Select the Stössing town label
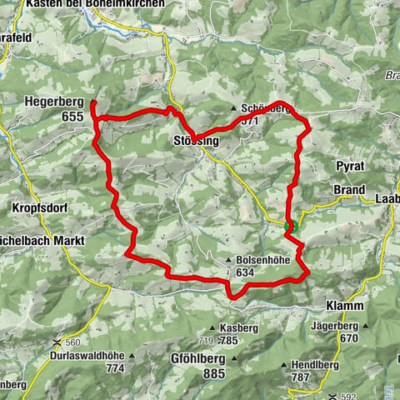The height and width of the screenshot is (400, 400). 198,142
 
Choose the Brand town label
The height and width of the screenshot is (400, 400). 349,190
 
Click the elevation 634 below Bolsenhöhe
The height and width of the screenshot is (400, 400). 245,272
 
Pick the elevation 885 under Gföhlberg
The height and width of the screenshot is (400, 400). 214,374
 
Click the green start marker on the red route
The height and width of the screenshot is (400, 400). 291,226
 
